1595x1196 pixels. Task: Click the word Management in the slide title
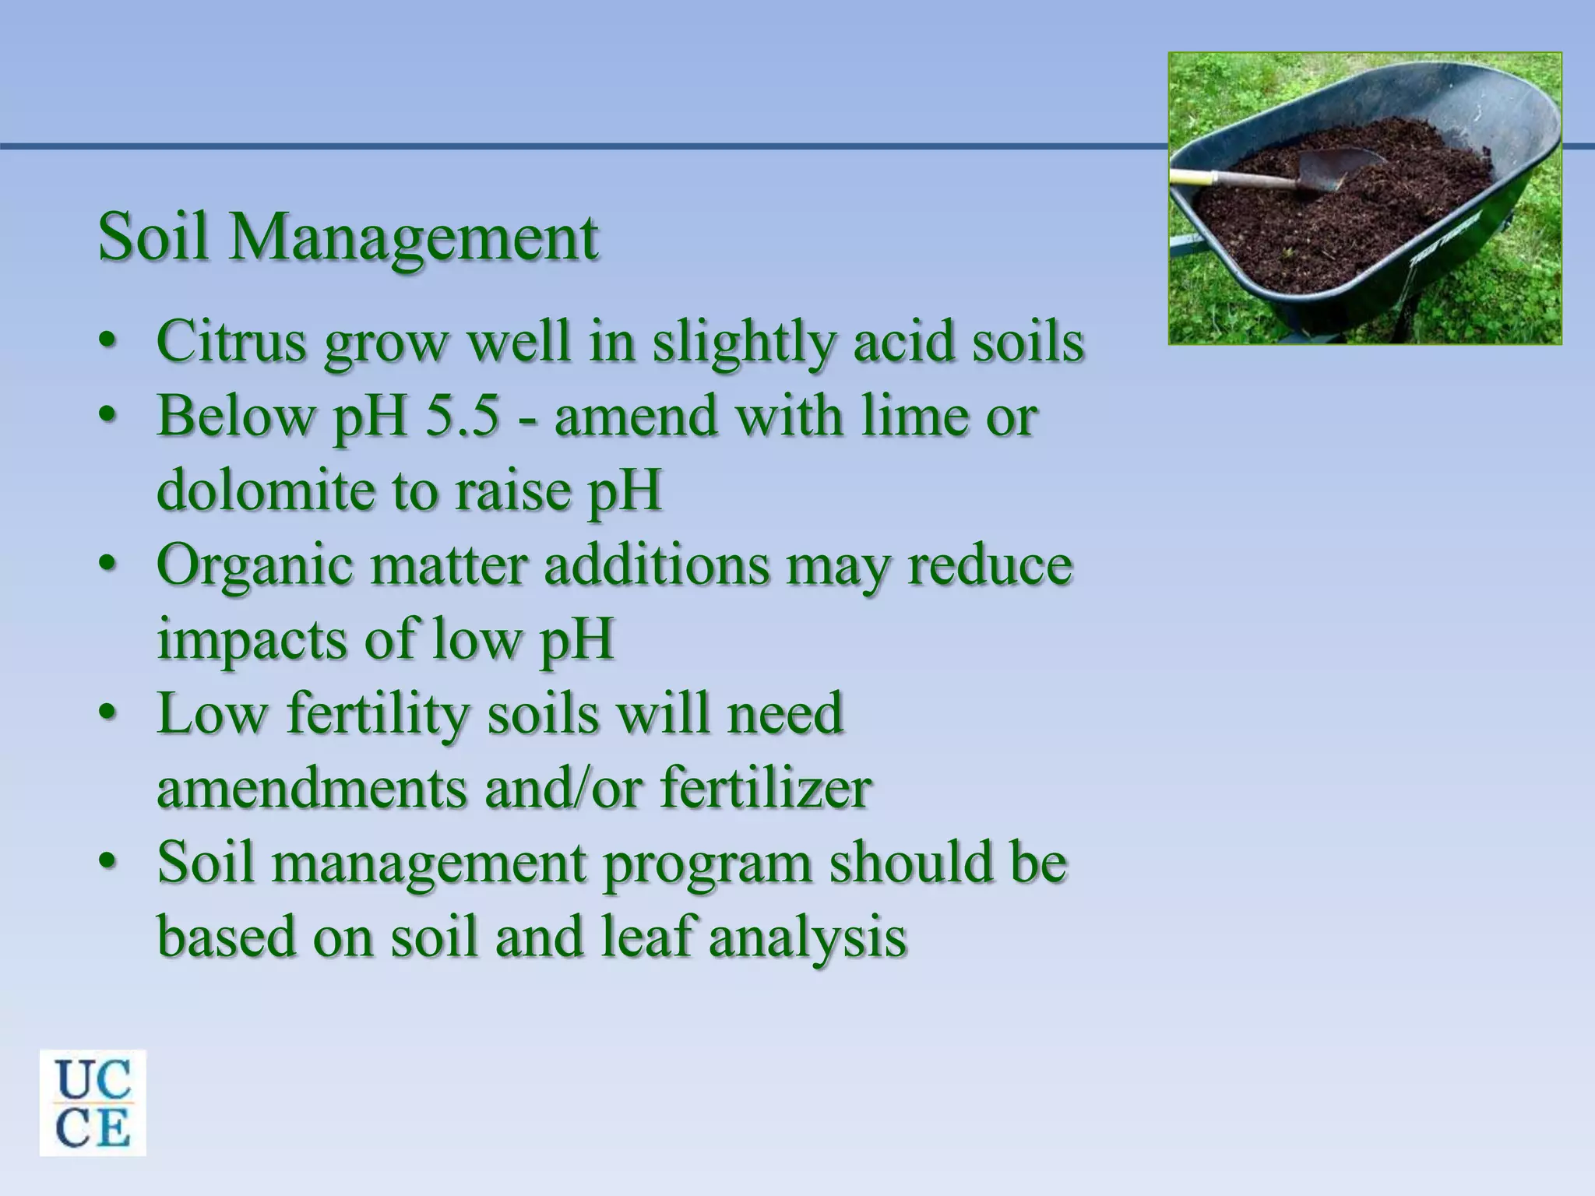413,239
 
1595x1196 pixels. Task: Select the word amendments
312,789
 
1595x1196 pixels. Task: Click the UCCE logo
93,1102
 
